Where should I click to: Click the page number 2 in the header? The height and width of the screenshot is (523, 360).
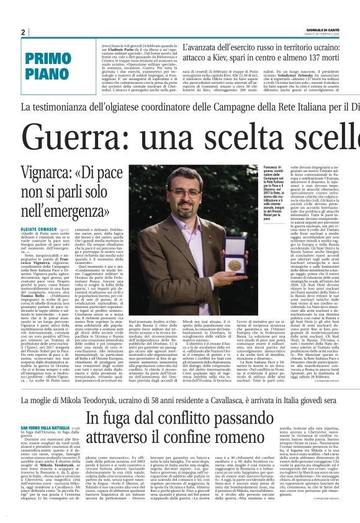point(22,32)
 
